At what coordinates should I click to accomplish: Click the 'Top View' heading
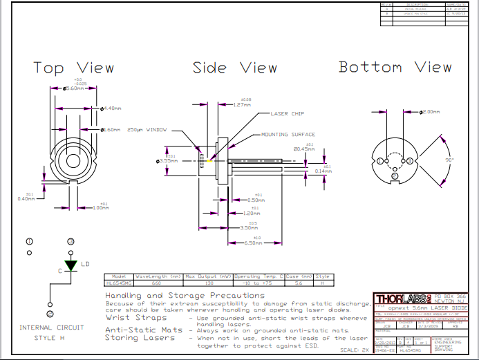pos(74,68)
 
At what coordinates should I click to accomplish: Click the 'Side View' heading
pos(234,68)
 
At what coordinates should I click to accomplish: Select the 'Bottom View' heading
pos(395,67)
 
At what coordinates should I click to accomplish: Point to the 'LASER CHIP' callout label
pos(288,113)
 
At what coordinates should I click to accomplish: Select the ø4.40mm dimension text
pos(112,108)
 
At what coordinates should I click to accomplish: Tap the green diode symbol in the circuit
pos(70,265)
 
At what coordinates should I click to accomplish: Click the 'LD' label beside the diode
pos(85,263)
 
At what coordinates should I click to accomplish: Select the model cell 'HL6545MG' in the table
pos(118,283)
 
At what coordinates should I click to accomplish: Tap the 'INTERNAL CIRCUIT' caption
pos(51,327)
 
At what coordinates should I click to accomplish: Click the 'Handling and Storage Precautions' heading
pos(185,295)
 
